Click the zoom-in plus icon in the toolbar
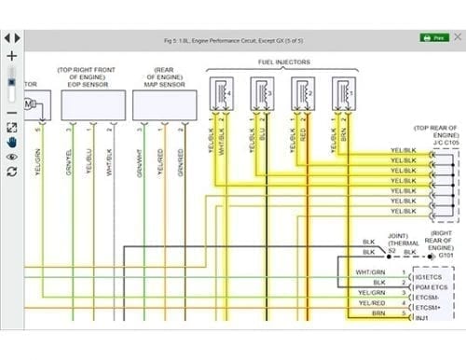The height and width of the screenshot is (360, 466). point(10,56)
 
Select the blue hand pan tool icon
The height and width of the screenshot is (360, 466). point(10,143)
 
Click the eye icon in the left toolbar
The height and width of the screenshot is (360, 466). point(10,157)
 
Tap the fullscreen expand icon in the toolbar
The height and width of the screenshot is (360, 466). point(10,128)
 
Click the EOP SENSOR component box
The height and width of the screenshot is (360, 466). point(93,104)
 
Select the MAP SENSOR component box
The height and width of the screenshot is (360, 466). point(165,104)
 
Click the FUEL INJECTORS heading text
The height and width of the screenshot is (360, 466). point(285,62)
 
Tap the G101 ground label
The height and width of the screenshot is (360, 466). point(445,254)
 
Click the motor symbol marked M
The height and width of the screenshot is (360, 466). point(30,102)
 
